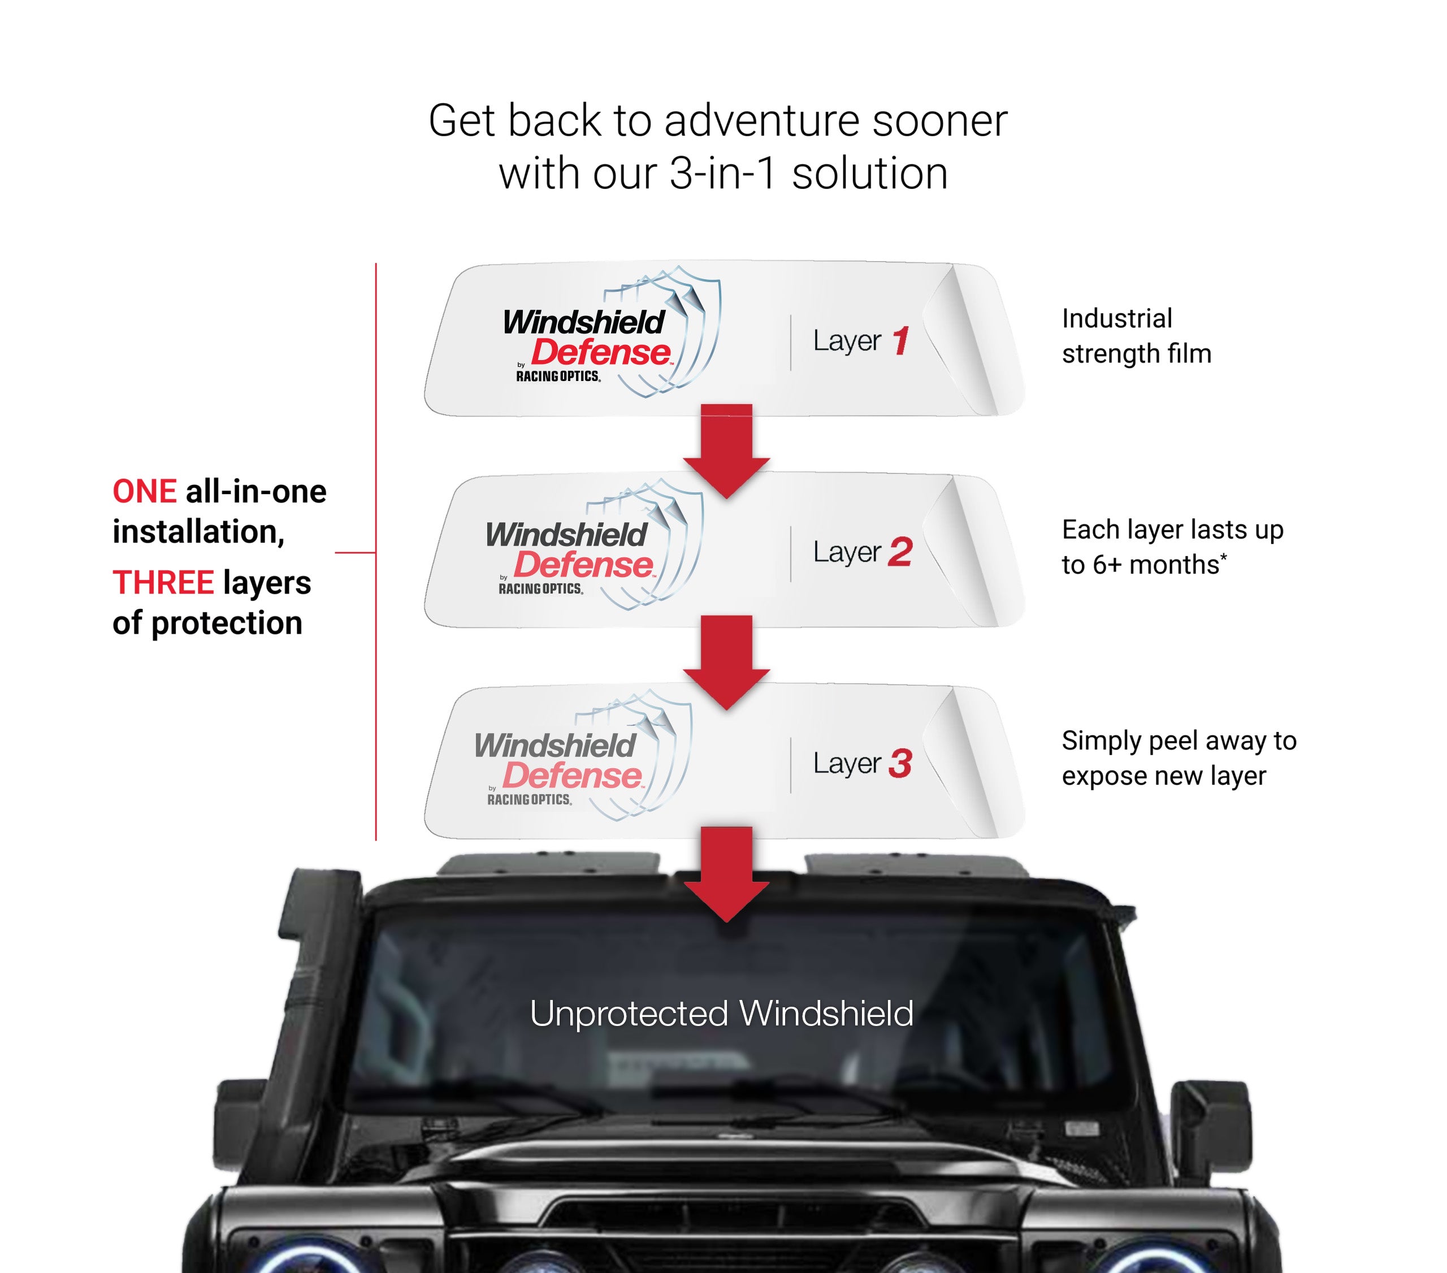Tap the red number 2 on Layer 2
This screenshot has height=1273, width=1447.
point(900,552)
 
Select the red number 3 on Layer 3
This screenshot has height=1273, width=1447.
point(900,763)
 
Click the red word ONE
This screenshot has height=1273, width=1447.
point(144,491)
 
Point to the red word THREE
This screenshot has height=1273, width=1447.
point(163,583)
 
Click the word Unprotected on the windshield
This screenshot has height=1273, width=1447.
point(629,1013)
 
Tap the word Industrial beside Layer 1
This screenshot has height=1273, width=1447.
point(1116,319)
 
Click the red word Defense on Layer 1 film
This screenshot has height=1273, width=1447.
point(600,353)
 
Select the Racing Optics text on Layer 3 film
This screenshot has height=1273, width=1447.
point(529,799)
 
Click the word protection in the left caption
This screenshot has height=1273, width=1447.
point(227,623)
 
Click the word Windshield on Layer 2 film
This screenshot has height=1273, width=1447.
point(566,535)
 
